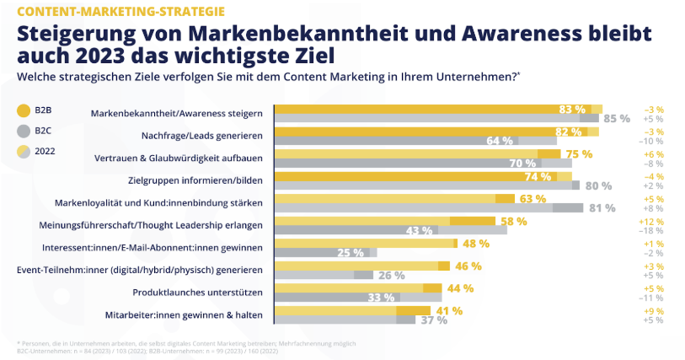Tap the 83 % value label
point(572,109)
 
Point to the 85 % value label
point(616,119)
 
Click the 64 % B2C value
point(500,141)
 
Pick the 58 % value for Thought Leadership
point(513,221)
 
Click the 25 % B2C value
point(351,252)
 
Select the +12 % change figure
point(654,221)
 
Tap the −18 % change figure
point(654,230)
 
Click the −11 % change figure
point(654,298)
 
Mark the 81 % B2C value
point(602,207)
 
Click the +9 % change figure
point(654,310)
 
